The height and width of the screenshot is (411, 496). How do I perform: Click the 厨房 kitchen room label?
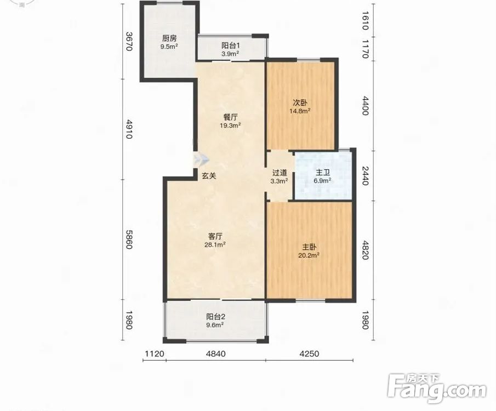[x=169, y=38]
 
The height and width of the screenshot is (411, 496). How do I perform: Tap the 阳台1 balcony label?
[x=230, y=45]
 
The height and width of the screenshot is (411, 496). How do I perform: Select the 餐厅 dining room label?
[x=230, y=117]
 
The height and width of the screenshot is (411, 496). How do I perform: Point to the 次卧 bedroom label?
[x=300, y=102]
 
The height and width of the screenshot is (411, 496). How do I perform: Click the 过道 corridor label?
[x=280, y=173]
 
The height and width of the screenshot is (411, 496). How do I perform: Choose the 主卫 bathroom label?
[x=323, y=173]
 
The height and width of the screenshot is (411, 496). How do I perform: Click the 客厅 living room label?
[x=215, y=236]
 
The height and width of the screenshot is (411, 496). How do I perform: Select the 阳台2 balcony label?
[x=216, y=317]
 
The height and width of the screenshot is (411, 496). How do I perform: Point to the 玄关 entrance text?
[x=209, y=176]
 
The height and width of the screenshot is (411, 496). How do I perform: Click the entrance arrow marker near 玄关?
[x=201, y=159]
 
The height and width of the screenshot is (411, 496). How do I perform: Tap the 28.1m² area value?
[x=215, y=244]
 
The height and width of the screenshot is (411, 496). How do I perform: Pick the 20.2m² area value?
[x=309, y=255]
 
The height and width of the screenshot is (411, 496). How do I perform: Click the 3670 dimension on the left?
[x=129, y=41]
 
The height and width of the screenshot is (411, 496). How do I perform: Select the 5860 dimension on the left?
[x=129, y=239]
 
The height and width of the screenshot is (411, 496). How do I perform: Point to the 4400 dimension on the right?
[x=366, y=106]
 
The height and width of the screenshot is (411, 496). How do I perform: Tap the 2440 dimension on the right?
[x=366, y=175]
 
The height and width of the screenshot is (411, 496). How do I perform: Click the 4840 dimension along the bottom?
[x=216, y=353]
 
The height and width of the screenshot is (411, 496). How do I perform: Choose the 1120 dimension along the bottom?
[x=155, y=353]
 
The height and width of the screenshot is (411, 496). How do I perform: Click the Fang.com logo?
[x=437, y=389]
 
